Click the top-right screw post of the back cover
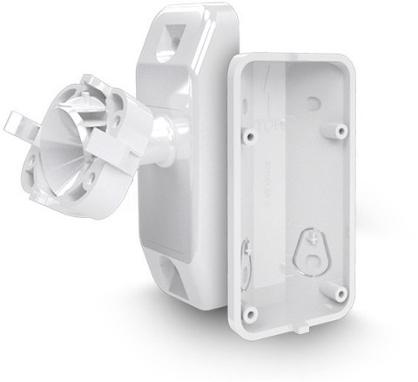tap(337, 132)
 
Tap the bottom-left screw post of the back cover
tap(252, 310)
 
